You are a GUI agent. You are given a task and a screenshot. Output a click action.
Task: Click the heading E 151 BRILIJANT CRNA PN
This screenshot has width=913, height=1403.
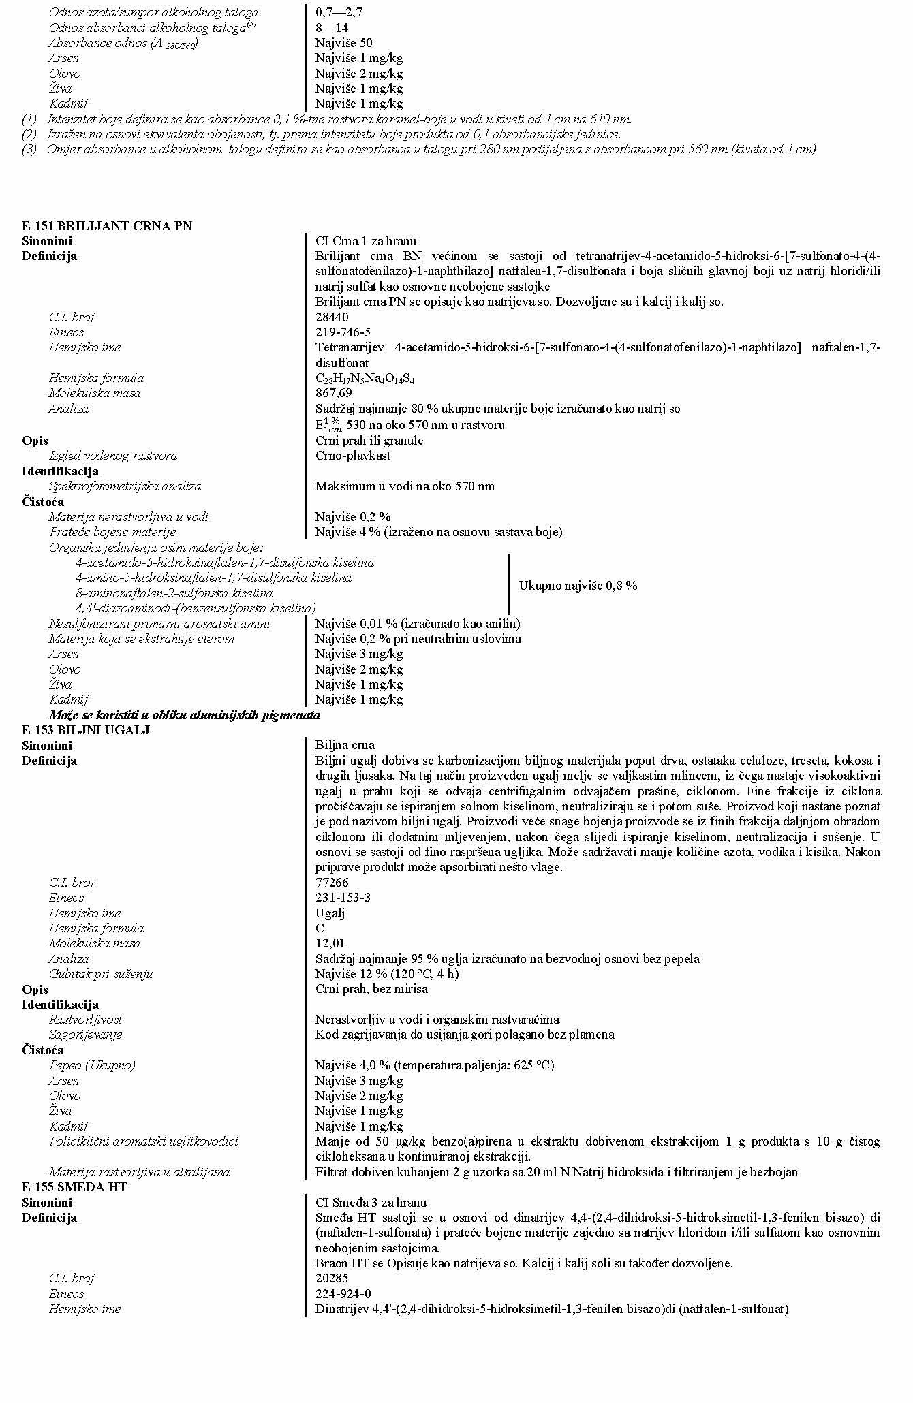pos(106,226)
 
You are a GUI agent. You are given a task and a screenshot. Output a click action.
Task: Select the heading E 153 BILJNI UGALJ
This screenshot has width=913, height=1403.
pos(85,730)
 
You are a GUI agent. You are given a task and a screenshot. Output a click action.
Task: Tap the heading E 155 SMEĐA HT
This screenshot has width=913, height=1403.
pos(74,1187)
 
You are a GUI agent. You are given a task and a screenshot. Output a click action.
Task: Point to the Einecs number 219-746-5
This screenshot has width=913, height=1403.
pos(343,332)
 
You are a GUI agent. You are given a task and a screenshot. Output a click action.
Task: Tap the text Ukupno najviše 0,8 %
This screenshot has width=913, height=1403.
pos(578,586)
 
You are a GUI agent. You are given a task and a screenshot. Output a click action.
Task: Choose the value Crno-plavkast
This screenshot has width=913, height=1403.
pos(352,456)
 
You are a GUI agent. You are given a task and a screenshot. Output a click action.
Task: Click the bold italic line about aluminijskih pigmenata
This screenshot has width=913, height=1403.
pos(184,715)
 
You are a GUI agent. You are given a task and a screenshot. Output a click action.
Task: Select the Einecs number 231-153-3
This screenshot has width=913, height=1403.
pos(343,898)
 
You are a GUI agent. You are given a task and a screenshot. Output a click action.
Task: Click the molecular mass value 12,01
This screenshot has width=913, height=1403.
pos(330,943)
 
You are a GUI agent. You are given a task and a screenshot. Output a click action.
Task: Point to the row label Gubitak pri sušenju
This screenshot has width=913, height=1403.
pos(100,974)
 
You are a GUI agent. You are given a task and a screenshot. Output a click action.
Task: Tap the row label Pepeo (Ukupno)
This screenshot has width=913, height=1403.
pos(91,1065)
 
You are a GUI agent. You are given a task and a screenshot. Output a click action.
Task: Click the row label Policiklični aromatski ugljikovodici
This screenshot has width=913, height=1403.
pos(143,1141)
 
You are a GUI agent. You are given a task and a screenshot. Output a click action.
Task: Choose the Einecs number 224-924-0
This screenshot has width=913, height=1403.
pos(343,1294)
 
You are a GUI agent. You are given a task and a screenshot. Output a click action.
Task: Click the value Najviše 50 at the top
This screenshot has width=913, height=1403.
pos(343,43)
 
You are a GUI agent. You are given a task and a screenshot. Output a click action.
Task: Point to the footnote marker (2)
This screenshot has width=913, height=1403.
pos(29,134)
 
